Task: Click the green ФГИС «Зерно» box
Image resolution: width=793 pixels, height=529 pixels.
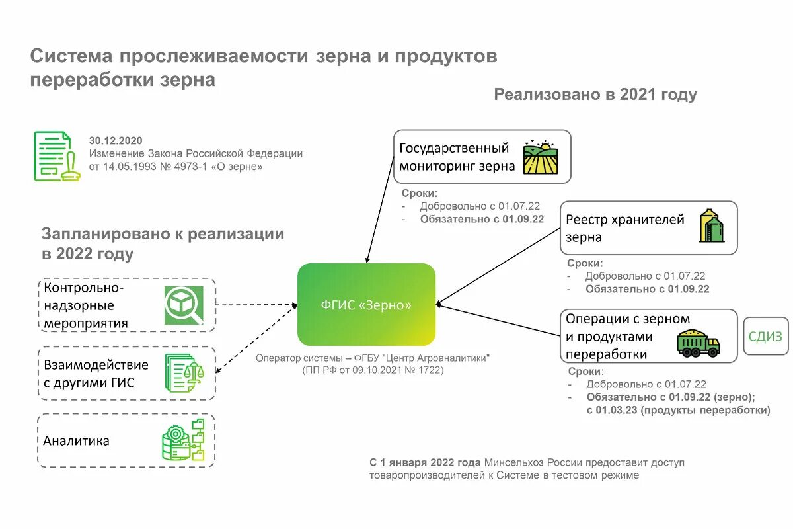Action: (x=366, y=305)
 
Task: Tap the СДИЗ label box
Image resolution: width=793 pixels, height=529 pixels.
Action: (x=765, y=337)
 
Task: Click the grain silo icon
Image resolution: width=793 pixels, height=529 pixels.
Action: (x=711, y=226)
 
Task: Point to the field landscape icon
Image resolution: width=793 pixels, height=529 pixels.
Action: (x=541, y=157)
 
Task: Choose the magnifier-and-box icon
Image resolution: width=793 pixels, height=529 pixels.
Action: (x=184, y=305)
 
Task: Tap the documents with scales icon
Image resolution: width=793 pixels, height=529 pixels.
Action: (x=184, y=373)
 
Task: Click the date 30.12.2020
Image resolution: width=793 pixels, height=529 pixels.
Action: (x=116, y=140)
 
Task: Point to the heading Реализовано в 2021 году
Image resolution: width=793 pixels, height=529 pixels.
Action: (x=595, y=95)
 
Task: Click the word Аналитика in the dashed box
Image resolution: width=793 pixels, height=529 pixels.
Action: (x=77, y=441)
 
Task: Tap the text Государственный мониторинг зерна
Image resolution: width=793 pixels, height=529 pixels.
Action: (x=456, y=157)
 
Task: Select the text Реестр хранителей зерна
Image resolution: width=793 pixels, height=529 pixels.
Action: (x=624, y=227)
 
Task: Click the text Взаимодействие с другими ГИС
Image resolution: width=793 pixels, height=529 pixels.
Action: (x=96, y=373)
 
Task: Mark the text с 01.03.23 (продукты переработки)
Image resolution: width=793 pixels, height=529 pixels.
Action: (x=678, y=410)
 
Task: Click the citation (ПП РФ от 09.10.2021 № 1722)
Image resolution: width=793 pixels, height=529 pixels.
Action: (x=373, y=370)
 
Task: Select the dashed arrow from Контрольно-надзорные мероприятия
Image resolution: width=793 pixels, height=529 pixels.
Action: (x=254, y=305)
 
